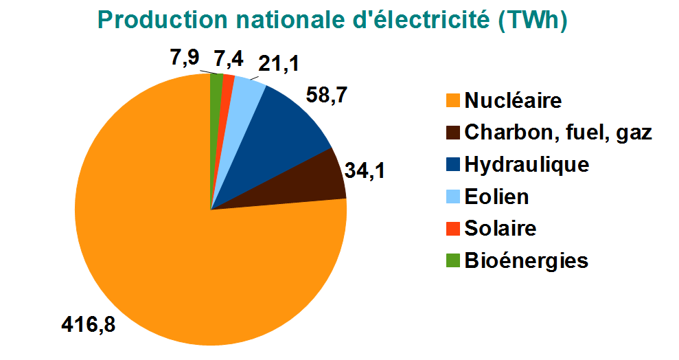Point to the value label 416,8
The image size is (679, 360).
tap(88, 323)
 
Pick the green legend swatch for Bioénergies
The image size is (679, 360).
tap(452, 261)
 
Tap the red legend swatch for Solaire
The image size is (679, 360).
tap(452, 229)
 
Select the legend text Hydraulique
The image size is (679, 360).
tap(527, 165)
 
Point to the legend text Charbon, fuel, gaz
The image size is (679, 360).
tap(557, 133)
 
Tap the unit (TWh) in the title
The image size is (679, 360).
tap(533, 21)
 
